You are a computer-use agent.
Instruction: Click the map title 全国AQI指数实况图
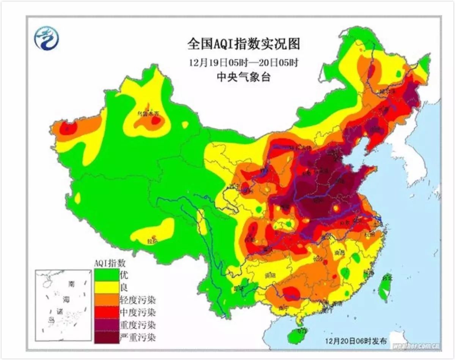pos(244,44)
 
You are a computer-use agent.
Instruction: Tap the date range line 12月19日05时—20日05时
pos(244,62)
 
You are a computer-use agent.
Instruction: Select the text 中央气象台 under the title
pos(244,77)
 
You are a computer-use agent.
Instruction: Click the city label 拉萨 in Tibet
pos(151,241)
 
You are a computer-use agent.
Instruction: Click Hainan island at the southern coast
pos(297,336)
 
